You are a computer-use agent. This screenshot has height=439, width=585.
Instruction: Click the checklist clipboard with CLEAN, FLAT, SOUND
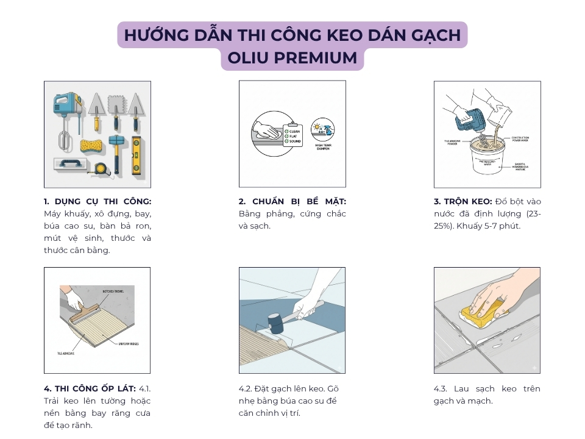[291, 135]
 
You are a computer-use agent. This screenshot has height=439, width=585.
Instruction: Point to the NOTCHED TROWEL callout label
[113, 291]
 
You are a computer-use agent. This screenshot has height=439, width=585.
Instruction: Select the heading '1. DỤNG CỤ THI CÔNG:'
[97, 201]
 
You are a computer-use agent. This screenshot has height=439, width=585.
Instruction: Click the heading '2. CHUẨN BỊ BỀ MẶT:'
[292, 201]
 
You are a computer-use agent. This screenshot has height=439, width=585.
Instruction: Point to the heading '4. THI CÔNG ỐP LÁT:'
[90, 388]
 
